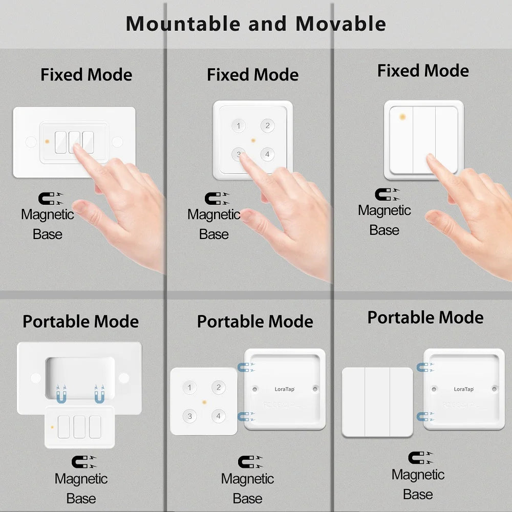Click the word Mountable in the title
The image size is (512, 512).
182,24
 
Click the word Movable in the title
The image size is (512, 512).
340,24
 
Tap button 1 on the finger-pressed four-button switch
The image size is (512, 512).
238,126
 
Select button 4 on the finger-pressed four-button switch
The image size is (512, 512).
267,154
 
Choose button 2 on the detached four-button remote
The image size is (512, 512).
218,388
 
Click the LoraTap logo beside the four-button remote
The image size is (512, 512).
285,389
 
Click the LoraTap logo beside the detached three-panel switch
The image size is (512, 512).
464,389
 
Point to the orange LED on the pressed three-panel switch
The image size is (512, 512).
402,117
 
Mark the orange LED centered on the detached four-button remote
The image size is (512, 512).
204,402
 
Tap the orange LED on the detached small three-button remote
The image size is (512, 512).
52,426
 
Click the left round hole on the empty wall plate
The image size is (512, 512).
35,378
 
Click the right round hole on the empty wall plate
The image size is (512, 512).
124,378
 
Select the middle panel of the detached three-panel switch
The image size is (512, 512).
377,402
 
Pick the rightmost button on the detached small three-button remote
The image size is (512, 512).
95,427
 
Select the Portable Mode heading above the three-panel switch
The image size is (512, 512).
425,317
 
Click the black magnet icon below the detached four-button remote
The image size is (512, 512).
248,461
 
